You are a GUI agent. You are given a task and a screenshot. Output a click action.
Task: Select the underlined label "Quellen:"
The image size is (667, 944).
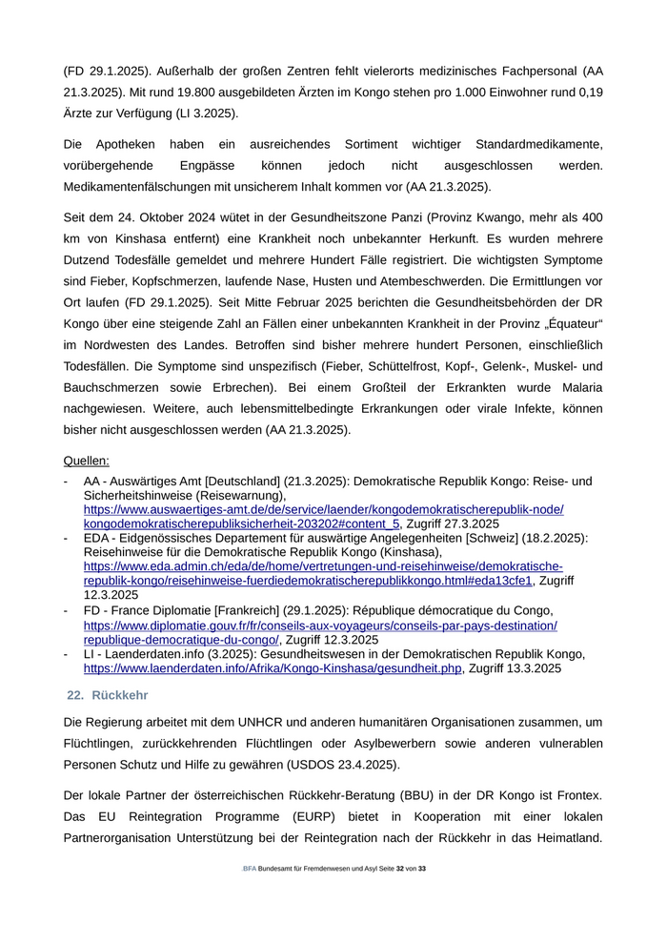87,461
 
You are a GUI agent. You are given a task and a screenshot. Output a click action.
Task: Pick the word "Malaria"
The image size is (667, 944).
578,387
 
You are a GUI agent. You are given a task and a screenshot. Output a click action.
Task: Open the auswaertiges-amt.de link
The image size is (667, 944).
323,510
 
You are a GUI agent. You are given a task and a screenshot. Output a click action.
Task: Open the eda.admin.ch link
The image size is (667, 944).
323,565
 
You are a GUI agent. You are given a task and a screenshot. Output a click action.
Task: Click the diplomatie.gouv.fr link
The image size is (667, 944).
320,626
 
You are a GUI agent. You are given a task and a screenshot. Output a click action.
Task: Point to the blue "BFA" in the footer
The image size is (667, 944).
250,869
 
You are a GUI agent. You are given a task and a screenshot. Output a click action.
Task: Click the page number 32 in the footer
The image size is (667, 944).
400,869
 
